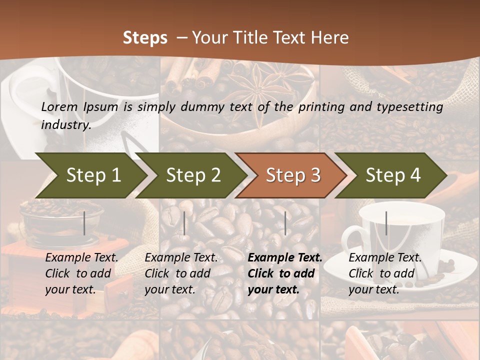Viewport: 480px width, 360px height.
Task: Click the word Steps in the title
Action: (145, 38)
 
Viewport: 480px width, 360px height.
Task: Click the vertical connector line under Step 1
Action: (84, 223)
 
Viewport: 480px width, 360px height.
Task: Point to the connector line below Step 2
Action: (184, 223)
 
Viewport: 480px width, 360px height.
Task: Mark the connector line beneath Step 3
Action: (285, 223)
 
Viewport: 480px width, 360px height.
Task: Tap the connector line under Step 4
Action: (386, 223)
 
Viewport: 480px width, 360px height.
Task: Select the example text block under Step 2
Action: (181, 273)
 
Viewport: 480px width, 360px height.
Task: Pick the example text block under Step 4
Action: (385, 273)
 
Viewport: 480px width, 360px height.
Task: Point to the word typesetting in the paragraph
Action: (408, 107)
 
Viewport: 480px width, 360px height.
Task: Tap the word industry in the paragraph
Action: (66, 124)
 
